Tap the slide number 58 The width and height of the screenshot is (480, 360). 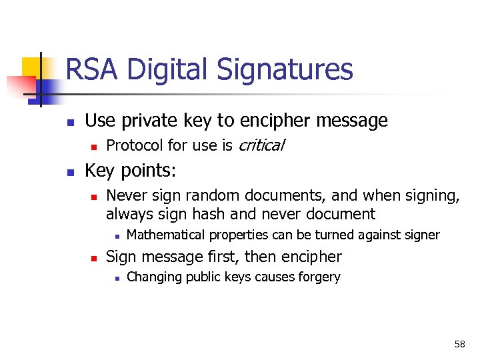[459, 344]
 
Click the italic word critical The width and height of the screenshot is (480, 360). [261, 145]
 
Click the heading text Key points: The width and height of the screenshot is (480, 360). [131, 171]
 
